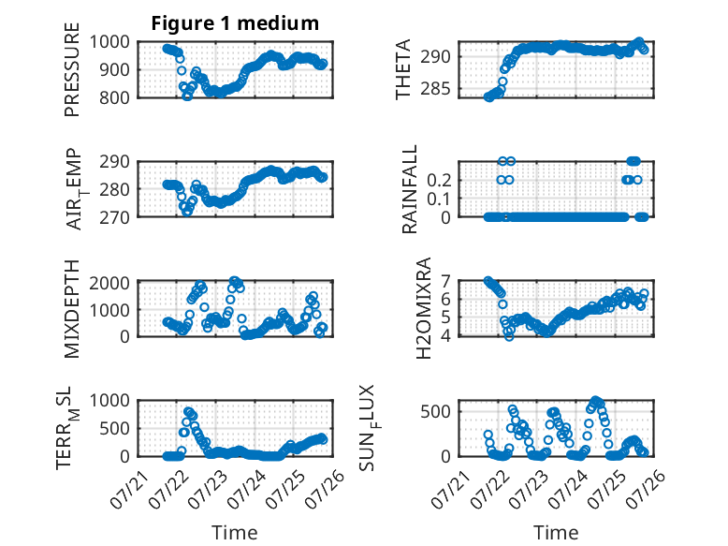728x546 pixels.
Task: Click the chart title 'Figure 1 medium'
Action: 235,23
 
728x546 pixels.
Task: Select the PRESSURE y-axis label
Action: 72,69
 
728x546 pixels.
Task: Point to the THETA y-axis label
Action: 403,69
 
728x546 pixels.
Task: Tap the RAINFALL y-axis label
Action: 410,189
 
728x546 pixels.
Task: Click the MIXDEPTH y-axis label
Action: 72,309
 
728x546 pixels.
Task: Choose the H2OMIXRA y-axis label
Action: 424,308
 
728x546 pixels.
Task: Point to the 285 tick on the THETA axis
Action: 435,88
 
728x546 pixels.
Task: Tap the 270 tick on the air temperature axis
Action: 114,217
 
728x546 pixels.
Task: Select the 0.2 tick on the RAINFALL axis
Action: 439,180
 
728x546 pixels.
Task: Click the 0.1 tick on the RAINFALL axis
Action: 439,199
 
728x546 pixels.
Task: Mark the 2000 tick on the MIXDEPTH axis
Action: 109,283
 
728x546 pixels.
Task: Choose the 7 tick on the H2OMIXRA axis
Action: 445,281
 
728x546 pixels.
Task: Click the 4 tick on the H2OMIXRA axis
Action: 445,335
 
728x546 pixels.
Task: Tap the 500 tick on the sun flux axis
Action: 435,411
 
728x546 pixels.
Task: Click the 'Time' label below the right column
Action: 556,533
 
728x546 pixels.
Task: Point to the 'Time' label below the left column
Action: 235,533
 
